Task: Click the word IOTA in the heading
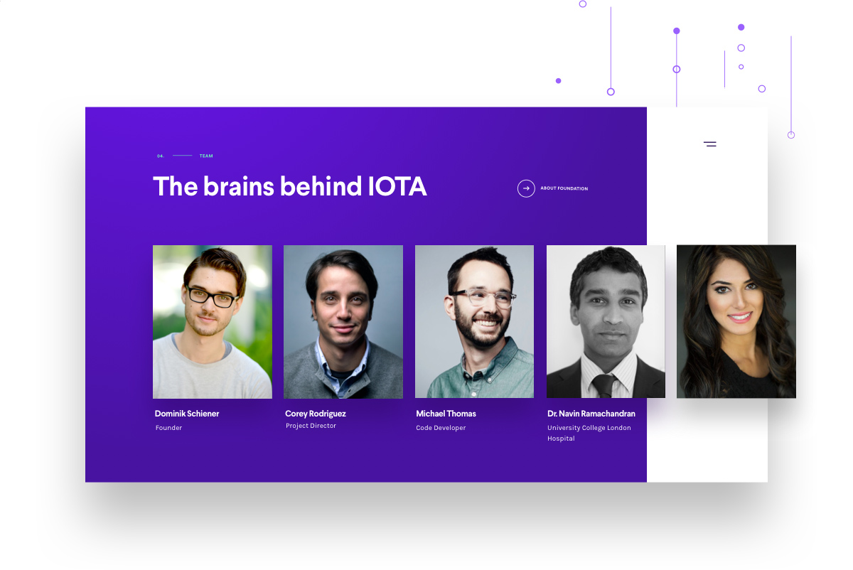click(x=397, y=187)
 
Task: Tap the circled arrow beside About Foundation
click(x=526, y=188)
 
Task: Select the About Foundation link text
click(x=564, y=188)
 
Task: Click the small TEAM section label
click(x=206, y=156)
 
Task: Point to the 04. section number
click(x=161, y=156)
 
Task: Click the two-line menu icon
click(x=710, y=144)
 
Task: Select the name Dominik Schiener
click(x=186, y=414)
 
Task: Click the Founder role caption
click(x=168, y=428)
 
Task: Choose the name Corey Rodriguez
click(x=316, y=414)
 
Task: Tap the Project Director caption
click(x=311, y=426)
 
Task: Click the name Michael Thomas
click(x=446, y=414)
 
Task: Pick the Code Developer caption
click(x=441, y=428)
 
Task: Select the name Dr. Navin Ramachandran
click(x=591, y=414)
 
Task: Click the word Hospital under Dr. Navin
click(x=561, y=439)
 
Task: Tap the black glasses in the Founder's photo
click(x=211, y=296)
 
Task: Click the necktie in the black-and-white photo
click(x=604, y=386)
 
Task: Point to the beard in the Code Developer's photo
click(x=481, y=327)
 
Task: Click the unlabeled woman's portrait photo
click(x=736, y=321)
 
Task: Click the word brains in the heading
click(x=238, y=187)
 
